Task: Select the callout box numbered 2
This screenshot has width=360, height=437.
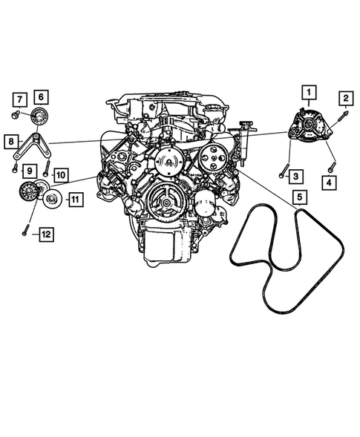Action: [x=345, y=97]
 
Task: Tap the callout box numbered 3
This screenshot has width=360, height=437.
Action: [x=295, y=176]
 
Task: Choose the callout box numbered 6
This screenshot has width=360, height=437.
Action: [x=40, y=97]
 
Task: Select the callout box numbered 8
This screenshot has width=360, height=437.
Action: [x=10, y=140]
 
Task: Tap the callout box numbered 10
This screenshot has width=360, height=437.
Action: [x=60, y=174]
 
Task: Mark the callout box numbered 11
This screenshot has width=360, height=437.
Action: [x=75, y=198]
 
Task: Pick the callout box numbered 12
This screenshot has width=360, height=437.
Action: [x=45, y=234]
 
